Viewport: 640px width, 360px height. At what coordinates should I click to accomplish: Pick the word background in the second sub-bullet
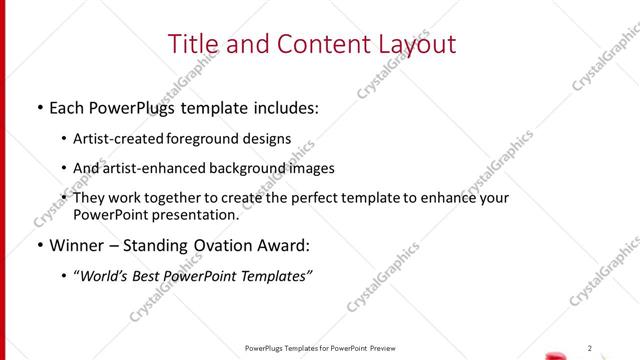pos(254,168)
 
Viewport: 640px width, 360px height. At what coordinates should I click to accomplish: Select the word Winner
pos(76,246)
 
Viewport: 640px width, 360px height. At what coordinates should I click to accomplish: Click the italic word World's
pos(109,276)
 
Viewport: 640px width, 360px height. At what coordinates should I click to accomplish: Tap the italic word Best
pos(161,276)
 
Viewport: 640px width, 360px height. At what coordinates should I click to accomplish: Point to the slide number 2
pos(590,348)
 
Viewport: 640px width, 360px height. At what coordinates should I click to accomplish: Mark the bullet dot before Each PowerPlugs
pos(39,106)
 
